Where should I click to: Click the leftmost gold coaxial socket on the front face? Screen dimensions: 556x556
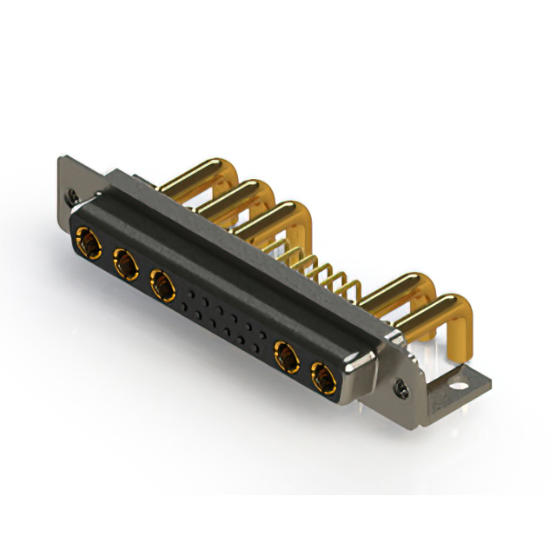click(x=86, y=241)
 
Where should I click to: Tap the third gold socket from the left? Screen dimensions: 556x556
click(x=162, y=282)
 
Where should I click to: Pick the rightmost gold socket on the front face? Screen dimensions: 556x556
click(x=322, y=380)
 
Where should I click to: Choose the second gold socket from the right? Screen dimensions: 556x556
click(x=284, y=355)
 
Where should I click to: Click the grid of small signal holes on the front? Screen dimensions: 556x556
click(x=222, y=317)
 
